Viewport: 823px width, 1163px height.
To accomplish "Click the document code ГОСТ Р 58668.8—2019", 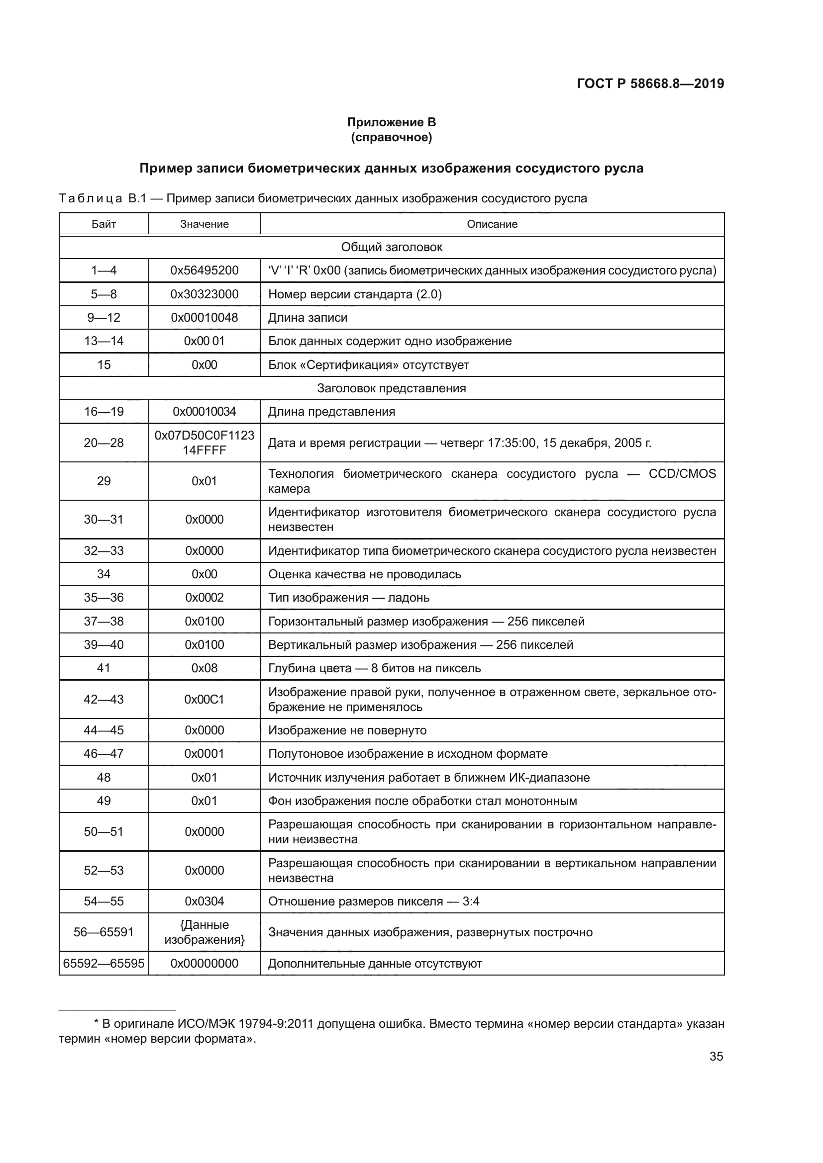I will (650, 84).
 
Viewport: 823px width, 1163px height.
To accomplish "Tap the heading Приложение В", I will (391, 122).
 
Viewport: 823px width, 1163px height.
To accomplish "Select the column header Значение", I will (204, 224).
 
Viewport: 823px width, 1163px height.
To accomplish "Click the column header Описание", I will (492, 224).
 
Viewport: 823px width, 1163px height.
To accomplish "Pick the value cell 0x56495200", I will (204, 270).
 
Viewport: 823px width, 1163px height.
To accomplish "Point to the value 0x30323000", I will (204, 294).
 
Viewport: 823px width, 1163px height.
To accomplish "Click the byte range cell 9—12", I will (103, 318).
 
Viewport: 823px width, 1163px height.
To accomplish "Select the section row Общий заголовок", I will (391, 247).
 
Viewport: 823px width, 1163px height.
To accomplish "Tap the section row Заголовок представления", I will (391, 388).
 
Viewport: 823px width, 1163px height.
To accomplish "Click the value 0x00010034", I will (204, 411).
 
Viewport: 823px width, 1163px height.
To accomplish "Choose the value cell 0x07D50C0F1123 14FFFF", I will (204, 443).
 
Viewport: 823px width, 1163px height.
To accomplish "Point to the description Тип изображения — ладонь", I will (349, 598).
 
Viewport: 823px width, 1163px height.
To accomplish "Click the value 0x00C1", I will (204, 699).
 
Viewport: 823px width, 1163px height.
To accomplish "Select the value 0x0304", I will (204, 901).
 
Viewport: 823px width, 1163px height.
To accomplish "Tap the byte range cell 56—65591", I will (103, 932).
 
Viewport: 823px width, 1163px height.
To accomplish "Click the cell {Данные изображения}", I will (204, 932).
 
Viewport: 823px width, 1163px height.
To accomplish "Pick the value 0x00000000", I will (204, 964).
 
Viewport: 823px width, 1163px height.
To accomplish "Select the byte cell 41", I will (103, 668).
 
